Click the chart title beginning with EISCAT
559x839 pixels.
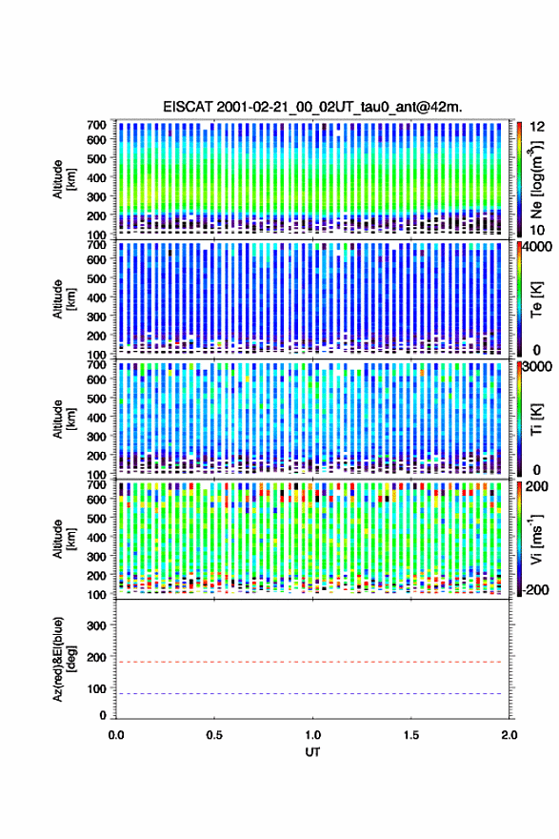(312, 107)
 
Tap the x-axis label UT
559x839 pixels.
(312, 752)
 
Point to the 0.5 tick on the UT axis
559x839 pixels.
(214, 735)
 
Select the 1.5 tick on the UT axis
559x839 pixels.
(411, 735)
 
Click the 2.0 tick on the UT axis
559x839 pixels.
(509, 735)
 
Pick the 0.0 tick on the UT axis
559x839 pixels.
(116, 735)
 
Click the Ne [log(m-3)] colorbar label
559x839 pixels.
(536, 179)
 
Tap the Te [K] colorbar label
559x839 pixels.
(536, 299)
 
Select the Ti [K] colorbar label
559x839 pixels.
(536, 419)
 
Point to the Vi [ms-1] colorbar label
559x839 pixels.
(536, 539)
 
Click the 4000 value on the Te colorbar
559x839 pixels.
(538, 247)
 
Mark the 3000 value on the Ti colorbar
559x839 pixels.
(538, 366)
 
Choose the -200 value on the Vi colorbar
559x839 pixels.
(535, 589)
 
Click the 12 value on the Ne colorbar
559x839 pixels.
(538, 127)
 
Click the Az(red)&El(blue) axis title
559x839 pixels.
(65, 659)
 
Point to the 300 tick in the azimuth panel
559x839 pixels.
(96, 625)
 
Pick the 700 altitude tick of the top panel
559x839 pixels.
(96, 124)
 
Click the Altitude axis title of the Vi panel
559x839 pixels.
(65, 539)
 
